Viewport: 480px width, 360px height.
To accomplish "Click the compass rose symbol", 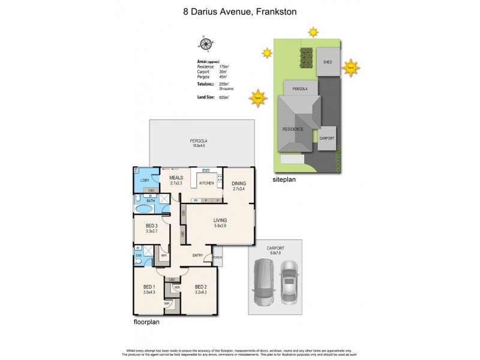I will (204, 43).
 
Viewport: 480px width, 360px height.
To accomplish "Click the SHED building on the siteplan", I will (328, 62).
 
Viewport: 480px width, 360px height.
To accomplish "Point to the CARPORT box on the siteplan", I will (326, 138).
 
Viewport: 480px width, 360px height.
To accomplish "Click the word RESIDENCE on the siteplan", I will (293, 129).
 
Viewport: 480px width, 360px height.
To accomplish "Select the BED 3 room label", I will (150, 227).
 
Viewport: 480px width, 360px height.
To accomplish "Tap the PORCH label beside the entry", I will (217, 259).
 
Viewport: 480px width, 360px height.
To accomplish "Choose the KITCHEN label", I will (206, 183).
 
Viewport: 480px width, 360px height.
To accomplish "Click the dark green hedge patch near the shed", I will (306, 59).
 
